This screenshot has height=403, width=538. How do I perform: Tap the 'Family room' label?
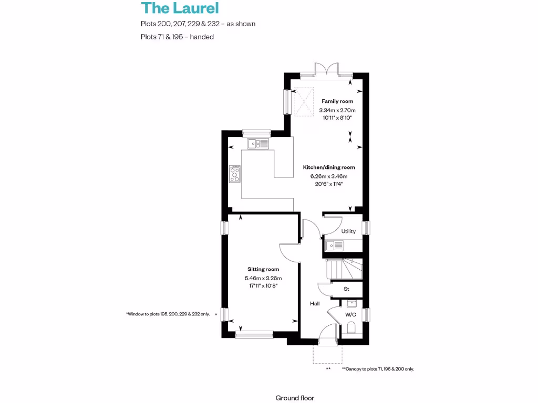pyautogui.click(x=337, y=101)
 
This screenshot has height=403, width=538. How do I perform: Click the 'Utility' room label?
pyautogui.click(x=348, y=231)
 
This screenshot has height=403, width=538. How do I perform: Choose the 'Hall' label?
pyautogui.click(x=315, y=304)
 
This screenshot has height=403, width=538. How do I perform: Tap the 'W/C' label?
pyautogui.click(x=350, y=315)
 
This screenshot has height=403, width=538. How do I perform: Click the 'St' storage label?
pyautogui.click(x=346, y=289)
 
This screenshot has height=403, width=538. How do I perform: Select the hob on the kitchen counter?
pyautogui.click(x=235, y=174)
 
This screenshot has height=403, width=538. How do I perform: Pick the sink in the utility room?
pyautogui.click(x=334, y=245)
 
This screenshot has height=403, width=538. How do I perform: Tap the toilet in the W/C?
pyautogui.click(x=351, y=329)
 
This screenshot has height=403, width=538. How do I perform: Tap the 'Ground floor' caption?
pyautogui.click(x=295, y=398)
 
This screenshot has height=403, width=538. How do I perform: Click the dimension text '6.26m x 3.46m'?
pyautogui.click(x=329, y=176)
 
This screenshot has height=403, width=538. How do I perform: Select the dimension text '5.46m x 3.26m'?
pyautogui.click(x=263, y=278)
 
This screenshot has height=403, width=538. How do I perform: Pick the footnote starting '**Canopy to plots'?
pyautogui.click(x=378, y=369)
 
